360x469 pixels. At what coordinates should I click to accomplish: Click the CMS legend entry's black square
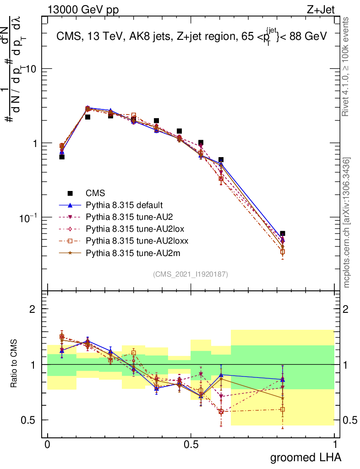click(x=70, y=193)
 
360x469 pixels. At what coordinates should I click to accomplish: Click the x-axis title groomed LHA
click(x=305, y=457)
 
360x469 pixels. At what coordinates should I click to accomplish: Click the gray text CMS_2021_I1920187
click(x=191, y=274)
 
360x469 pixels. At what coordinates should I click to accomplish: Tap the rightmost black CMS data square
click(x=283, y=234)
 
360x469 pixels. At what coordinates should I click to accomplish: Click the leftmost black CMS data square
click(x=62, y=157)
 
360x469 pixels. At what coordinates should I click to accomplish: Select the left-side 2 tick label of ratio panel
click(x=33, y=309)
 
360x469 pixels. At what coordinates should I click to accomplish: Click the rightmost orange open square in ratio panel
click(x=283, y=409)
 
